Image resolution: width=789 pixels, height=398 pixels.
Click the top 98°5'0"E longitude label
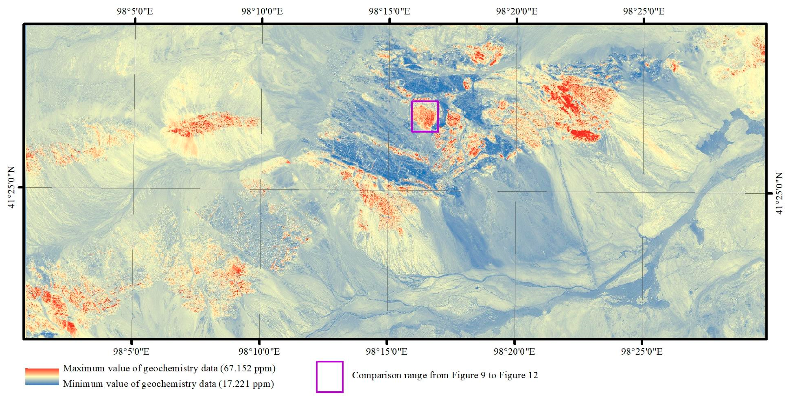[135, 11]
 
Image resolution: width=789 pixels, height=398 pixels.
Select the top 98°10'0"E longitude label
[262, 11]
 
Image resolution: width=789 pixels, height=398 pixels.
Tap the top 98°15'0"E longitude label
[389, 11]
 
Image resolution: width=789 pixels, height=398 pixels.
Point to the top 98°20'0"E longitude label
[517, 11]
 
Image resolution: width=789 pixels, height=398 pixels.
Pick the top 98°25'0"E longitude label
[644, 11]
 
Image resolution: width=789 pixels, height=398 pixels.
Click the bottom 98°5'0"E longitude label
[131, 351]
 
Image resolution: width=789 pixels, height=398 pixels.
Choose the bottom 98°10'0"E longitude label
[259, 351]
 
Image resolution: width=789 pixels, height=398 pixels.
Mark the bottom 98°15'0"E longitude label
[387, 351]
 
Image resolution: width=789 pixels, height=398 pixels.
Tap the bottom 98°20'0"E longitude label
[514, 351]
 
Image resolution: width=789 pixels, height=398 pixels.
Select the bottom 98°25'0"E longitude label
[642, 351]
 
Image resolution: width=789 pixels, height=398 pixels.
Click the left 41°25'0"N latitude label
[11, 187]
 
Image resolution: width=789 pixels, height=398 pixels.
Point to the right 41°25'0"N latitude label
[780, 193]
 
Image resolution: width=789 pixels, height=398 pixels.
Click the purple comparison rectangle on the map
[424, 101]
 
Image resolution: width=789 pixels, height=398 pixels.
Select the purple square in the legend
[329, 377]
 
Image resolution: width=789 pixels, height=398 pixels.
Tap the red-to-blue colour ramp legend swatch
[42, 376]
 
